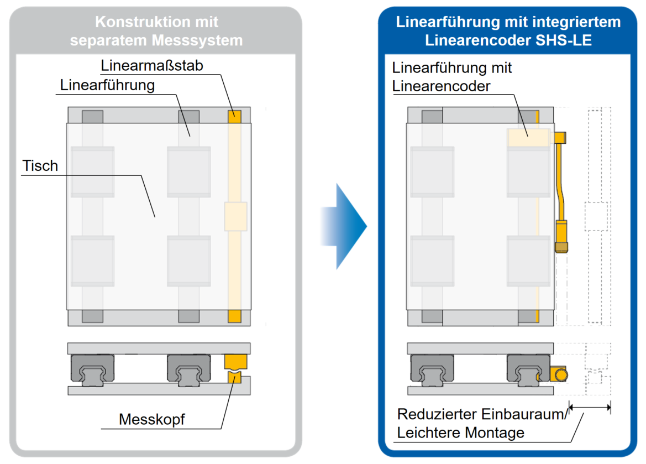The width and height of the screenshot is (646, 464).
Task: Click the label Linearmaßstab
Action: coord(151,66)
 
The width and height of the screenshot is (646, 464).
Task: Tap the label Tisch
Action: coord(40,166)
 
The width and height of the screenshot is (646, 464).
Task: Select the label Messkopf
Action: coord(151,419)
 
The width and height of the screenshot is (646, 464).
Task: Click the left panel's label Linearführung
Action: coord(107,85)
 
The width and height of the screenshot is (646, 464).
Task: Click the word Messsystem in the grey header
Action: coord(197,40)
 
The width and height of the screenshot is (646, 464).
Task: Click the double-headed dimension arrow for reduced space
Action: coord(590,408)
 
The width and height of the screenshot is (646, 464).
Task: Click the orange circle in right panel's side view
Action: coord(561,375)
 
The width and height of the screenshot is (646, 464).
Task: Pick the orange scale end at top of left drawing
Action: coord(234,116)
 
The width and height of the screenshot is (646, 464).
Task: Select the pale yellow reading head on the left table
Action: coord(235,216)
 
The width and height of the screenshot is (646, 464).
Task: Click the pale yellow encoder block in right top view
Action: coord(529,137)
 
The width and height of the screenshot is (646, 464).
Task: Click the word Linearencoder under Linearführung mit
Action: coord(441,86)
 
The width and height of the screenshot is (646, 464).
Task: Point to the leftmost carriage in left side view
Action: coord(92,369)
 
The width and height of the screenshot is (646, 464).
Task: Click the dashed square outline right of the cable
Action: coord(596,217)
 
